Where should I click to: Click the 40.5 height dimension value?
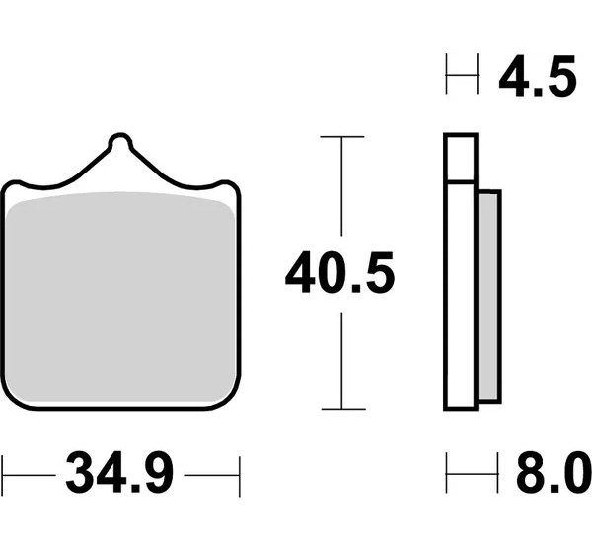339,273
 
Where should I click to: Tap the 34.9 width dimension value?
119,472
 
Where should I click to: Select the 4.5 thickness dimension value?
538,77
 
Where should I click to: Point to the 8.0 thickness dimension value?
554,472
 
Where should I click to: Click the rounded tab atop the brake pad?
120,141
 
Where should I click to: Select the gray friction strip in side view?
488,296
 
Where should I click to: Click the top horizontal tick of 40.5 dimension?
342,136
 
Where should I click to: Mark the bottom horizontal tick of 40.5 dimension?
343,409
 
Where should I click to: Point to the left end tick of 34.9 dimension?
3,475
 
